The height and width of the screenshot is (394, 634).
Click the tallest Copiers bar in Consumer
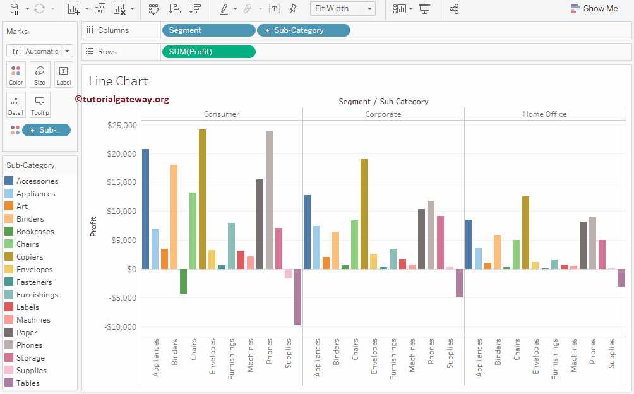[202, 199]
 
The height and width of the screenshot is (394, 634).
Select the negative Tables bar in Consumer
[297, 297]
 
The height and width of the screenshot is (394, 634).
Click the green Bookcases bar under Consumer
[183, 282]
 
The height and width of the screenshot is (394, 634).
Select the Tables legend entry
[28, 383]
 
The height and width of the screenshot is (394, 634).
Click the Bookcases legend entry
[35, 232]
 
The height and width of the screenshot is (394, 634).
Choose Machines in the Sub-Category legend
[33, 320]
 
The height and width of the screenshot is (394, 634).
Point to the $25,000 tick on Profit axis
[122, 125]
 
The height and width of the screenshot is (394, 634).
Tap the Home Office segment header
[544, 114]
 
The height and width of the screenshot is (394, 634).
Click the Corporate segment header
[383, 114]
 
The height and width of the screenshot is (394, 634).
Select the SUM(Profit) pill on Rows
[208, 52]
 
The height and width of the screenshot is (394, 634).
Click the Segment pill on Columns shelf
[208, 30]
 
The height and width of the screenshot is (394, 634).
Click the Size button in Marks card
[40, 75]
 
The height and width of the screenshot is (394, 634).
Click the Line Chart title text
[118, 81]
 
